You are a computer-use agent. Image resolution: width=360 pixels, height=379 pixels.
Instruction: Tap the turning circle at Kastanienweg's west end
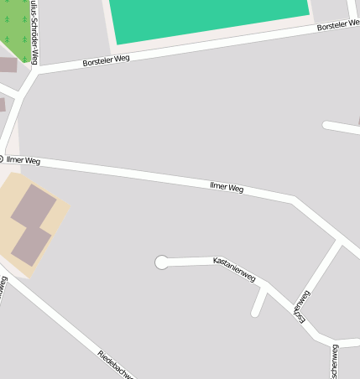[162, 262]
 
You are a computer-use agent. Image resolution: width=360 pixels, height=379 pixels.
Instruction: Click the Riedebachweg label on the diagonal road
[115, 365]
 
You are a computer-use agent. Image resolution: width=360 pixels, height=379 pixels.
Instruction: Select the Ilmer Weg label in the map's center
[227, 188]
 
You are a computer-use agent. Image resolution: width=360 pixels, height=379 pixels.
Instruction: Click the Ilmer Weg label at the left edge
[23, 159]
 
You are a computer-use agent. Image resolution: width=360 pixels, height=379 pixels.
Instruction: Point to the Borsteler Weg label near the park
[107, 60]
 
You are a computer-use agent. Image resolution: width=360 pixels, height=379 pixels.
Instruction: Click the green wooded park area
[15, 25]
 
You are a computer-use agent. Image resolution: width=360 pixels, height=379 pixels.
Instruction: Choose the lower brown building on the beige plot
[30, 244]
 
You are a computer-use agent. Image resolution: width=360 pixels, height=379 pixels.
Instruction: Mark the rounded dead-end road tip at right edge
[327, 125]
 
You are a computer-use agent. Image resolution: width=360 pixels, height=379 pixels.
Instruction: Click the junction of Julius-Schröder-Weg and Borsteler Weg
[36, 73]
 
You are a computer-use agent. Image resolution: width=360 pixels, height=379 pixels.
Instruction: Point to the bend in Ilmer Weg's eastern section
[292, 200]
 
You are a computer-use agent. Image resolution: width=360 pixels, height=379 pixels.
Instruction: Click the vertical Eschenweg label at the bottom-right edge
[335, 361]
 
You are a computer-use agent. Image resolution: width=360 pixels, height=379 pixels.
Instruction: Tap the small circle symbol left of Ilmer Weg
[2, 158]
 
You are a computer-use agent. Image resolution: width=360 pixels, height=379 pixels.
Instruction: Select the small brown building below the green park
[8, 65]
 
